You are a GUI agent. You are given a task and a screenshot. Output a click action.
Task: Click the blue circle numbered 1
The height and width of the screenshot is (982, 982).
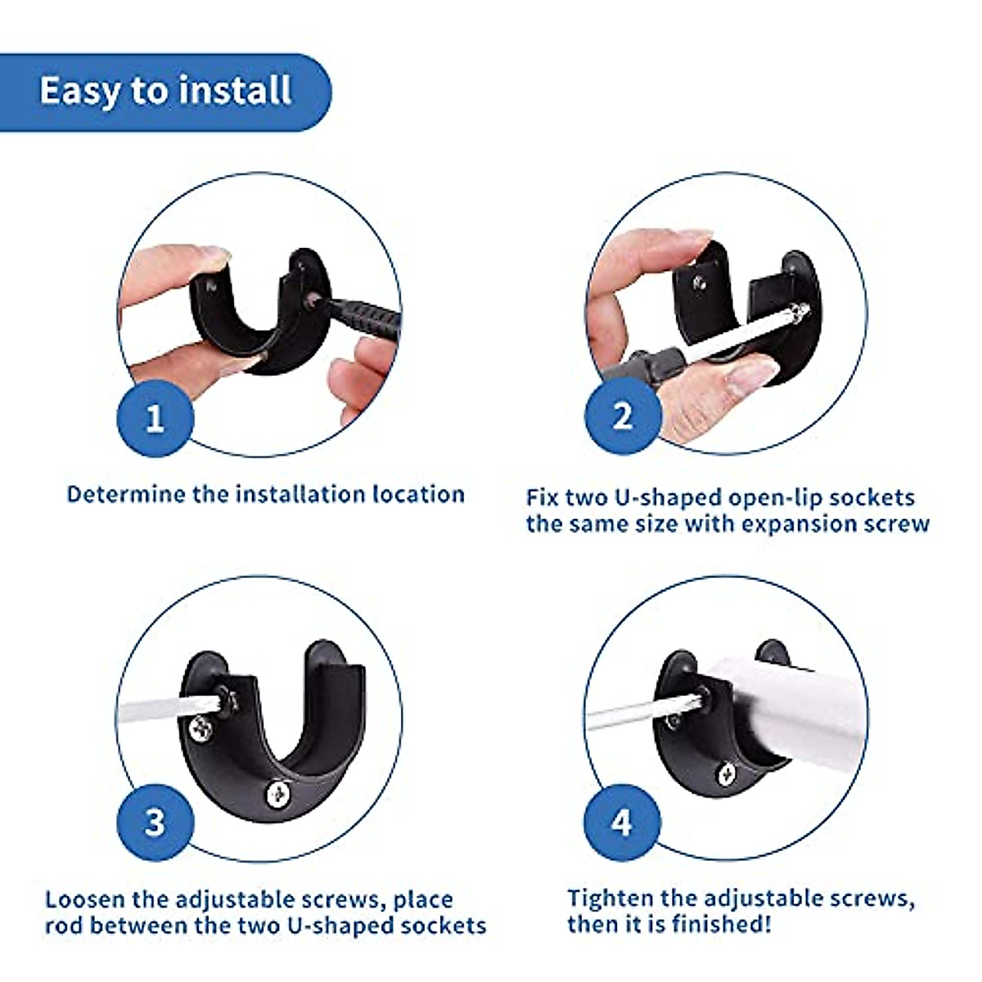[155, 418]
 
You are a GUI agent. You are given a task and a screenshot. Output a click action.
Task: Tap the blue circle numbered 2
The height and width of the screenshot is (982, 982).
[623, 417]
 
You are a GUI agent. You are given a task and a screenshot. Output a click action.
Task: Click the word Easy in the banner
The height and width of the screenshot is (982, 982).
[79, 92]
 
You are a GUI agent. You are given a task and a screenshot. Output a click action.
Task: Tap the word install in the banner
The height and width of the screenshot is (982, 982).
[235, 90]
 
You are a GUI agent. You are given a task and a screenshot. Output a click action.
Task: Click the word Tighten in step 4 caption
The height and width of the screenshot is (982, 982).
[610, 898]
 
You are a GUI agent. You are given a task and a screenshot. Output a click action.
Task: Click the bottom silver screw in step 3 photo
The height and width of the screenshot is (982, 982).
[278, 794]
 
